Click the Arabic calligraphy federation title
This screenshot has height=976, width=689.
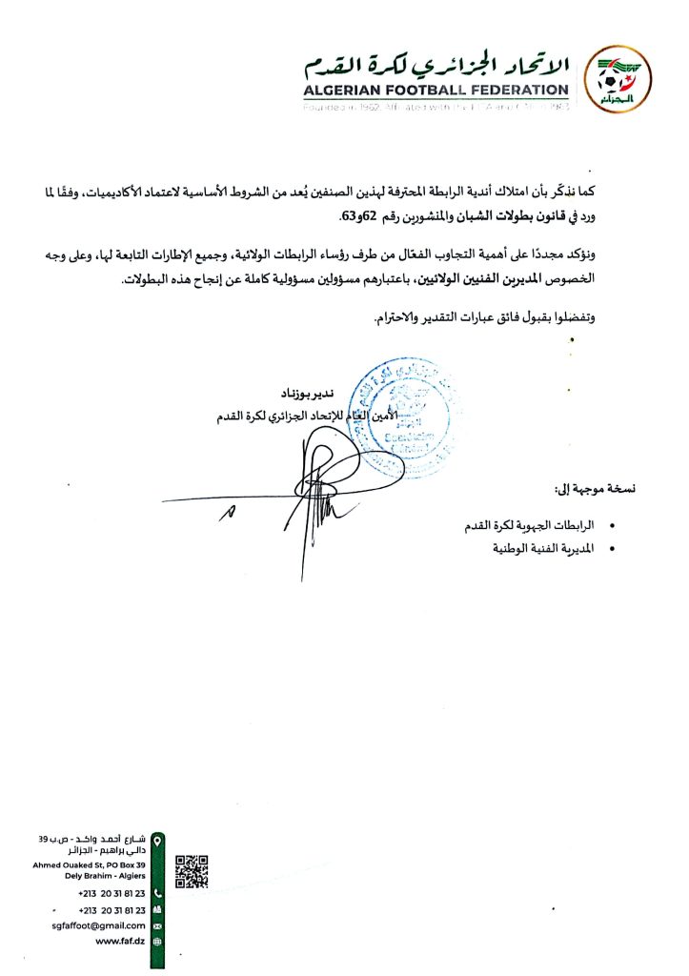[435, 65]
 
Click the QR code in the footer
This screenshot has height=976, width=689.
[192, 871]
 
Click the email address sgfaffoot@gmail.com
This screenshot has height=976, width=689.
[98, 925]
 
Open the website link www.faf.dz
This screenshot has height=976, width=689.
[120, 941]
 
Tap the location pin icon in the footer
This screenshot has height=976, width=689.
[158, 840]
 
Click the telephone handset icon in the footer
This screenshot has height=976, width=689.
[158, 894]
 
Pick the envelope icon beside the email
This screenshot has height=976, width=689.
[158, 925]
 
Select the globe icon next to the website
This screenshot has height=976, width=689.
[158, 941]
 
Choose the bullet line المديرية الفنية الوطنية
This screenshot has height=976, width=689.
[542, 549]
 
